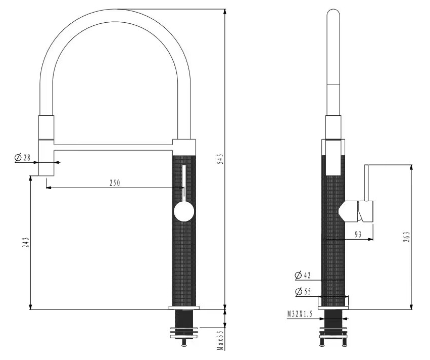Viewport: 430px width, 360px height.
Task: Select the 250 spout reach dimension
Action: tap(115, 183)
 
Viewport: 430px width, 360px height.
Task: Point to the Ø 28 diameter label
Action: tap(23, 158)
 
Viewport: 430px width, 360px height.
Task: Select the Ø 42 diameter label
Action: tap(304, 276)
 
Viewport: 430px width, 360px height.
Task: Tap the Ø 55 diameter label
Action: tap(304, 292)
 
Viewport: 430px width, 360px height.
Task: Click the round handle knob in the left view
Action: tap(183, 211)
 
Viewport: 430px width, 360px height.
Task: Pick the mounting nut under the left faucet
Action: tap(184, 333)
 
